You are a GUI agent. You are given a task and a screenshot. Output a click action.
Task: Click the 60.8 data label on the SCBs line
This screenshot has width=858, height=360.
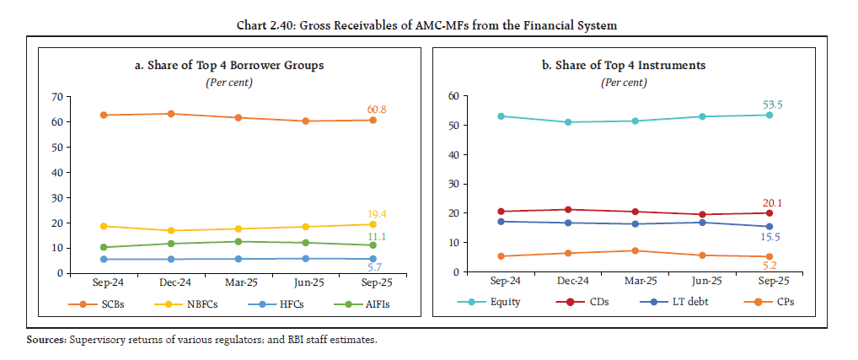click(376, 109)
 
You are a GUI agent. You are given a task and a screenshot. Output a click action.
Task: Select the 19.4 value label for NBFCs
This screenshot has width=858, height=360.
click(376, 214)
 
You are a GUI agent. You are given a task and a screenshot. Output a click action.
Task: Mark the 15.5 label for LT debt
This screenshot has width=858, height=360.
click(770, 239)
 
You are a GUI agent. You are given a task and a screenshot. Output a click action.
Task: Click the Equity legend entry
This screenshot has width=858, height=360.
click(500, 301)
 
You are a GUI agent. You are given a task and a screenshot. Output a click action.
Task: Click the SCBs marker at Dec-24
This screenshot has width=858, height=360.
click(172, 114)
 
